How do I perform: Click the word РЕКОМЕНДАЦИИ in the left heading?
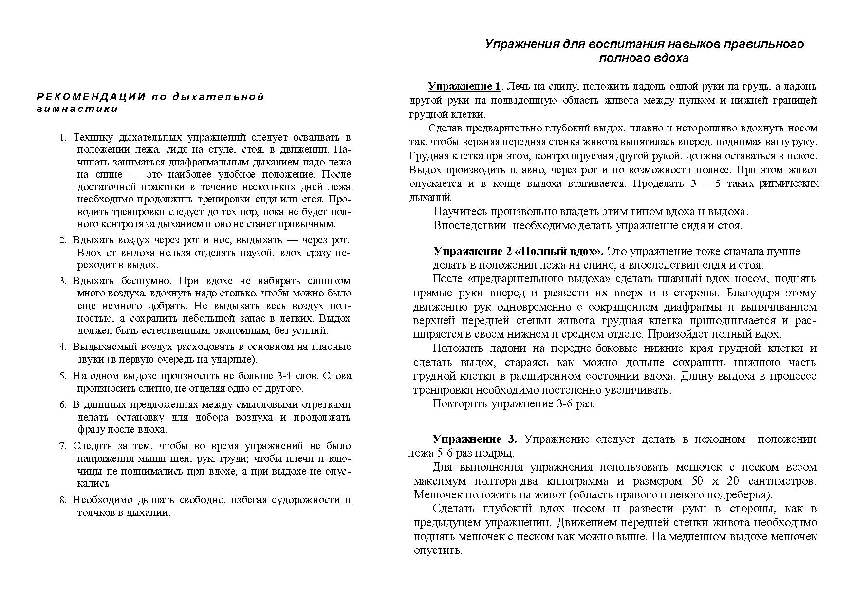click(x=91, y=96)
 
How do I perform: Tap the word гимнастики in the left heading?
click(x=77, y=109)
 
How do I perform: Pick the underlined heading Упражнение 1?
click(x=464, y=87)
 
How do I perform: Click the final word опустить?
click(x=437, y=550)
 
